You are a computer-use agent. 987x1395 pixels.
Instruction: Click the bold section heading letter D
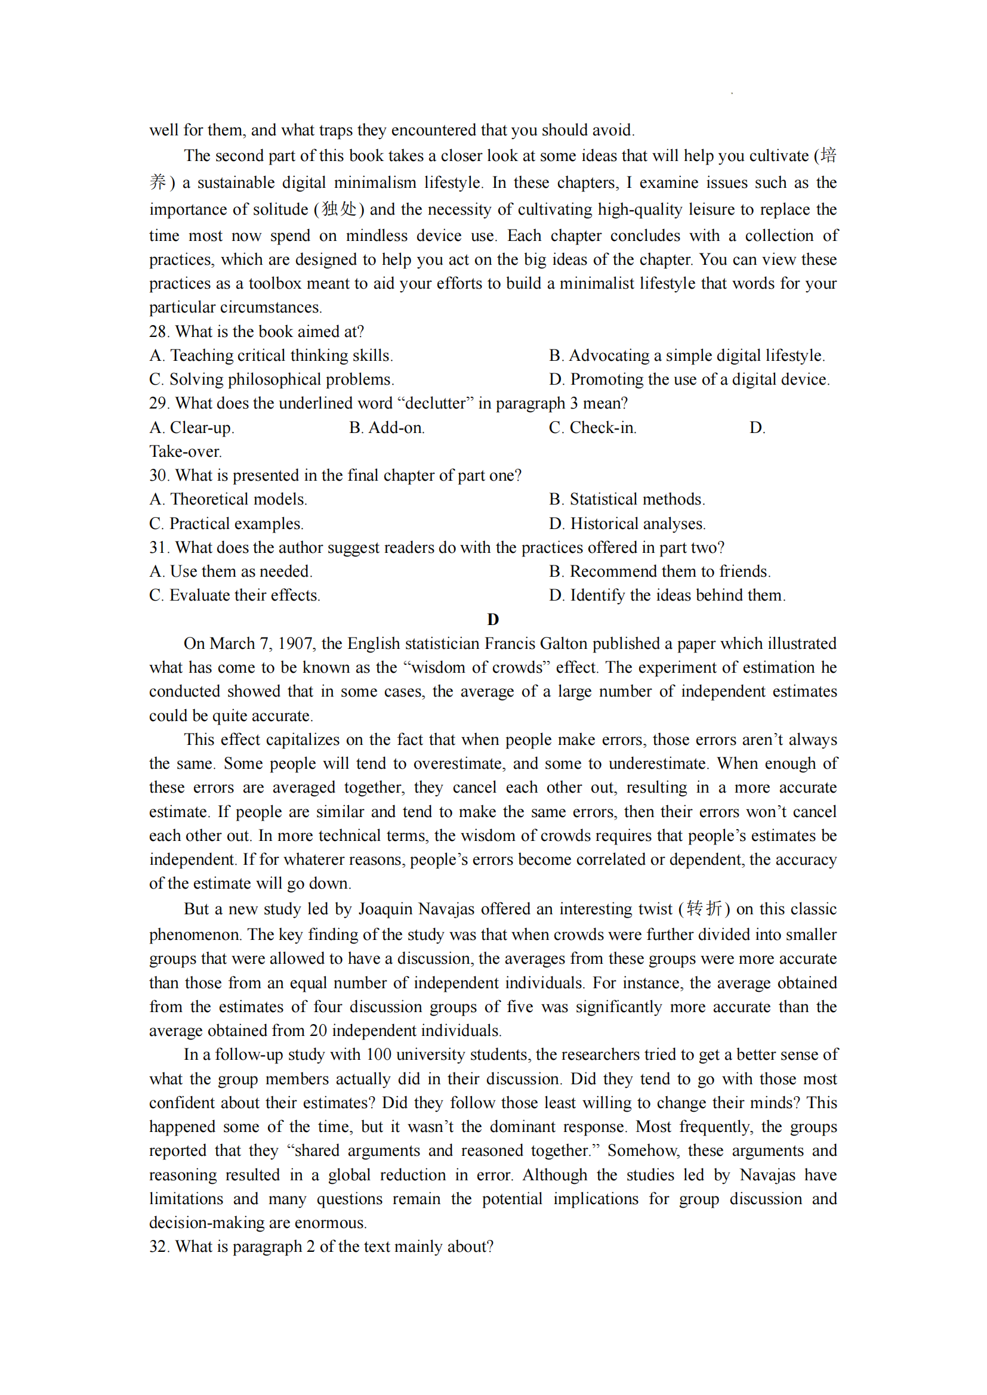(x=493, y=619)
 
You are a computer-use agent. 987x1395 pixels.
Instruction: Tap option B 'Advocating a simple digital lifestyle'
(x=687, y=355)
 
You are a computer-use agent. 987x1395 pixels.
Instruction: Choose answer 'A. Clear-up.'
(x=192, y=428)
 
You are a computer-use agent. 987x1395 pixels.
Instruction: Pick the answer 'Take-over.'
(x=186, y=451)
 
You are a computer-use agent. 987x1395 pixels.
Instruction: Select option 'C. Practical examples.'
(x=226, y=524)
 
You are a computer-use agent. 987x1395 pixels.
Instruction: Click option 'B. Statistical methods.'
(x=627, y=499)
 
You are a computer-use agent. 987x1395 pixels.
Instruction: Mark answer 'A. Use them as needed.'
(x=230, y=571)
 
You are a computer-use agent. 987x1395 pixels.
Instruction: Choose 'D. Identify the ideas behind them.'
(x=667, y=595)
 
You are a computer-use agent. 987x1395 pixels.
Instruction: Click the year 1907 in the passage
(x=295, y=644)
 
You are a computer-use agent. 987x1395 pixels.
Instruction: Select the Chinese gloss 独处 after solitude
(x=338, y=209)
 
